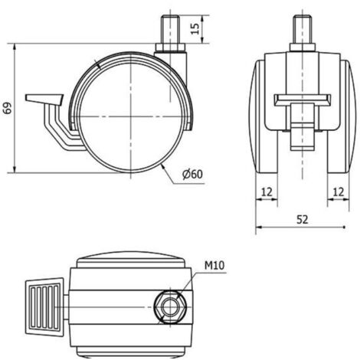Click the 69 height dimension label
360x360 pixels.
point(8,108)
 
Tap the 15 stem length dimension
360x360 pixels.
point(195,28)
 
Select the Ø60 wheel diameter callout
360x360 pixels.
point(192,175)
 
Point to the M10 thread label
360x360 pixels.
point(214,266)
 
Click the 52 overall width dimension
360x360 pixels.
point(303,220)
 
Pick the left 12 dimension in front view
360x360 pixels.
point(267,192)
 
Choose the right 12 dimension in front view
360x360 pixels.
point(339,192)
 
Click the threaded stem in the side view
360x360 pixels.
point(171,30)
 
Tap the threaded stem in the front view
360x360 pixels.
point(303,30)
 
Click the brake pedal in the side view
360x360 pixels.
point(44,100)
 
